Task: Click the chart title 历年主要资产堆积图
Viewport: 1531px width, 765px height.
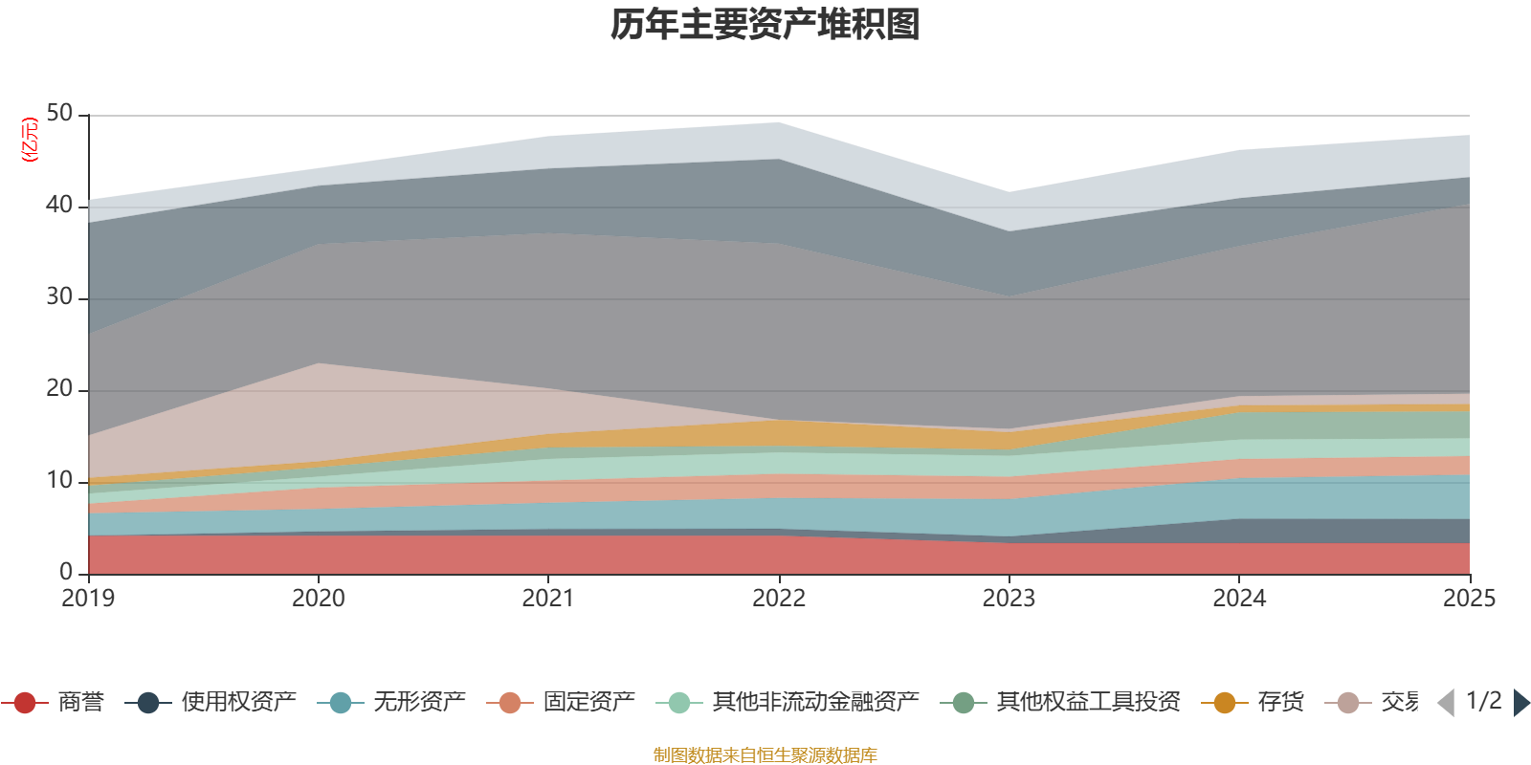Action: click(x=765, y=25)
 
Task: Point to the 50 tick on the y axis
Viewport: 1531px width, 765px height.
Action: click(x=59, y=114)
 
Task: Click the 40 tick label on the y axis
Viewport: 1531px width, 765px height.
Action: click(x=59, y=206)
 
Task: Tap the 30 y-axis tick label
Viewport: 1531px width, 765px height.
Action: click(x=59, y=297)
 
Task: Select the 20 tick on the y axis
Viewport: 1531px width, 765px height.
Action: click(x=59, y=389)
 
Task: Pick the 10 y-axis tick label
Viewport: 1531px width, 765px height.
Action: click(x=59, y=481)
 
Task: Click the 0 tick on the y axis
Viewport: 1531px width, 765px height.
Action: click(x=66, y=573)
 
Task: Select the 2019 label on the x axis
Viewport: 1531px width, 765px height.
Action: click(x=88, y=599)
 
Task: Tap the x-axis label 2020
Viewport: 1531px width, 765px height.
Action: click(x=318, y=599)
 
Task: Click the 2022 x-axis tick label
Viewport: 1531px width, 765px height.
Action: click(x=779, y=599)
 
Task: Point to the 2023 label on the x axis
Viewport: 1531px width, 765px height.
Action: click(x=1009, y=599)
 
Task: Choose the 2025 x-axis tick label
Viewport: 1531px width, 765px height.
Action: click(x=1469, y=599)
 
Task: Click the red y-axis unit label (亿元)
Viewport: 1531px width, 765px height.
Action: click(x=30, y=140)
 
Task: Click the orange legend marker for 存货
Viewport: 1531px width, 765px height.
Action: click(x=1225, y=703)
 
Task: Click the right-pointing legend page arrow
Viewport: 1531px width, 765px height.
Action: click(x=1521, y=703)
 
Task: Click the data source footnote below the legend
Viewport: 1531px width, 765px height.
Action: click(x=765, y=755)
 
